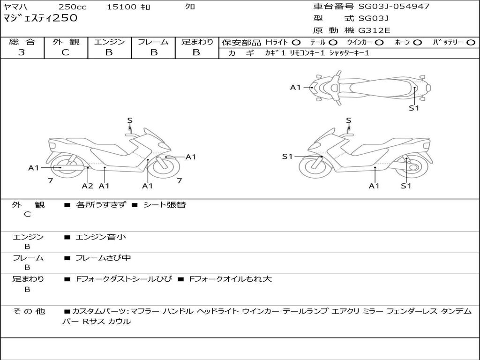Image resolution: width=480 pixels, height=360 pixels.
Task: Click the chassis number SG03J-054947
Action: [394, 7]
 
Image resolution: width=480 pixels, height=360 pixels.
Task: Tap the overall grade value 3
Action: [22, 52]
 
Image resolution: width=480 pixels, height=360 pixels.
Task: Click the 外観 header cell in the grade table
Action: [66, 42]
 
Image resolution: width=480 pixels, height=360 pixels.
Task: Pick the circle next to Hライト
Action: [296, 43]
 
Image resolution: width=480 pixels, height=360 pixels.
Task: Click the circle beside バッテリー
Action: [471, 43]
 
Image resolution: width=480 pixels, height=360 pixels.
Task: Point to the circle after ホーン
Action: [417, 43]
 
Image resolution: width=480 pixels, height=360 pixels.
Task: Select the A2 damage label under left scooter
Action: [87, 186]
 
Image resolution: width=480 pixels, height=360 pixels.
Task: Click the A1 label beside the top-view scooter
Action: [295, 88]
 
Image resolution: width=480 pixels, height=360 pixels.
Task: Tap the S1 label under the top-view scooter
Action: [414, 108]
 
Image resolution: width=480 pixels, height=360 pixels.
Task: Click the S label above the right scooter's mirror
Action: [348, 120]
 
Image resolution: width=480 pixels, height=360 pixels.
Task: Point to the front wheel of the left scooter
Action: [165, 167]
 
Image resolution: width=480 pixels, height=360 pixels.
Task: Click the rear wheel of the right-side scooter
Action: [411, 167]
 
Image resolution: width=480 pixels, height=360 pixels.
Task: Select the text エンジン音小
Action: [101, 237]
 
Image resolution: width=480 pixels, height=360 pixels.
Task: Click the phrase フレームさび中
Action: [103, 258]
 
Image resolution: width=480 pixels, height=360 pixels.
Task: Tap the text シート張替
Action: [165, 205]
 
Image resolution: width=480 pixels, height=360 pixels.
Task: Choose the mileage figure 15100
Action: [121, 7]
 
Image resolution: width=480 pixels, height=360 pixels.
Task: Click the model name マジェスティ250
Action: [40, 18]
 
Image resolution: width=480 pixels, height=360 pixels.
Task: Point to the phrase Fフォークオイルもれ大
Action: [231, 279]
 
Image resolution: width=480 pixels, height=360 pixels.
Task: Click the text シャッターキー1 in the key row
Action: [349, 53]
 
